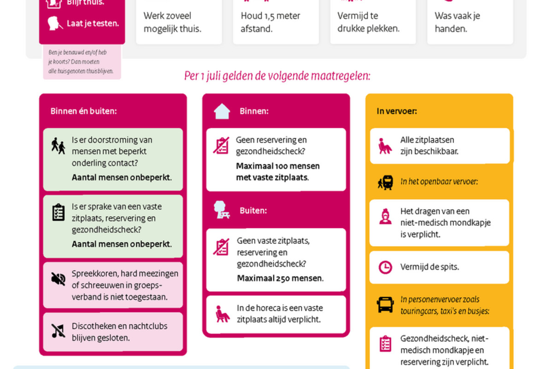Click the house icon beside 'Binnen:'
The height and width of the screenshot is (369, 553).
click(x=222, y=111)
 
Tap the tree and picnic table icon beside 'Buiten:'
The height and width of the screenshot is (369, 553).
click(x=222, y=210)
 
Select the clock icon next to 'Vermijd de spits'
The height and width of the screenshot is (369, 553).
click(x=385, y=267)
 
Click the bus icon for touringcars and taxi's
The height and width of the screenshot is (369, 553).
click(x=385, y=305)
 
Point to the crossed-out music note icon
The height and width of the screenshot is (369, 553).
click(x=58, y=331)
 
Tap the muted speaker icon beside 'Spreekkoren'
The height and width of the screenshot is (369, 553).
click(x=58, y=279)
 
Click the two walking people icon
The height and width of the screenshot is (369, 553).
click(x=58, y=146)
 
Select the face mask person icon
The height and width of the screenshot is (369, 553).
click(x=385, y=216)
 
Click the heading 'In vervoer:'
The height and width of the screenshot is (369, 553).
click(x=396, y=111)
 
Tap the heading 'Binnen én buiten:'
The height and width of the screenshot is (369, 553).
click(x=83, y=111)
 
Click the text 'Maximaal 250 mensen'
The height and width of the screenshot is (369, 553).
click(x=280, y=278)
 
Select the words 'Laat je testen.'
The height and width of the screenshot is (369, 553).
click(x=93, y=23)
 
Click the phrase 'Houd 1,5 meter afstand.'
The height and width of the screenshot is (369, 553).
click(x=270, y=22)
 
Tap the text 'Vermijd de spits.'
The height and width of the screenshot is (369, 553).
click(x=429, y=267)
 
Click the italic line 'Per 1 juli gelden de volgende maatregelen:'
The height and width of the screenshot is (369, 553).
click(x=277, y=76)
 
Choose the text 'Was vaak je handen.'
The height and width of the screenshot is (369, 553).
click(x=457, y=22)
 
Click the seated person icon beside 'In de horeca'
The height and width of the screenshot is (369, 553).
click(x=222, y=314)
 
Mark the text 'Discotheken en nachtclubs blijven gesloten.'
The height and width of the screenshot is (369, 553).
click(x=119, y=332)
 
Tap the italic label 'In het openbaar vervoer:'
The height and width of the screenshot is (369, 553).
click(x=439, y=182)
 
